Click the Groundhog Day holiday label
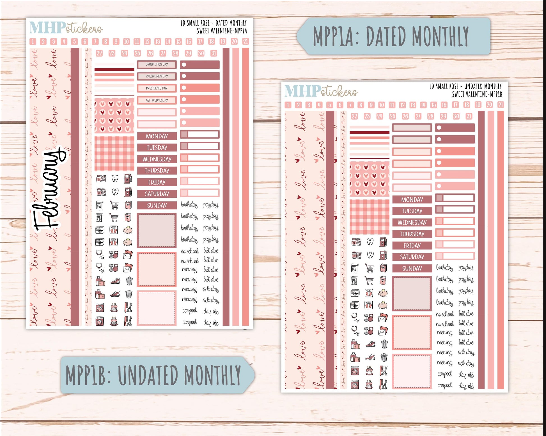157,65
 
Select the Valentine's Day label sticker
157,76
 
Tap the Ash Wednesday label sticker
157,100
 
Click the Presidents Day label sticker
157,88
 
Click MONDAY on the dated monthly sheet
157,136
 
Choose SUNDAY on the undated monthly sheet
412,268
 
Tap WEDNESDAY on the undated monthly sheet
412,222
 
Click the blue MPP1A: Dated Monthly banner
393,36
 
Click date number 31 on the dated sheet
214,53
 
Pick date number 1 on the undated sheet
288,105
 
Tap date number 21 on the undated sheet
500,105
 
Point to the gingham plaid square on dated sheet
114,153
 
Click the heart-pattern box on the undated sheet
369,179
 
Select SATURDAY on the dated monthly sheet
157,194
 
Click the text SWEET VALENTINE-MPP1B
477,94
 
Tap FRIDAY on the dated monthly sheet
157,182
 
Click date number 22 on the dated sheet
99,53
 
